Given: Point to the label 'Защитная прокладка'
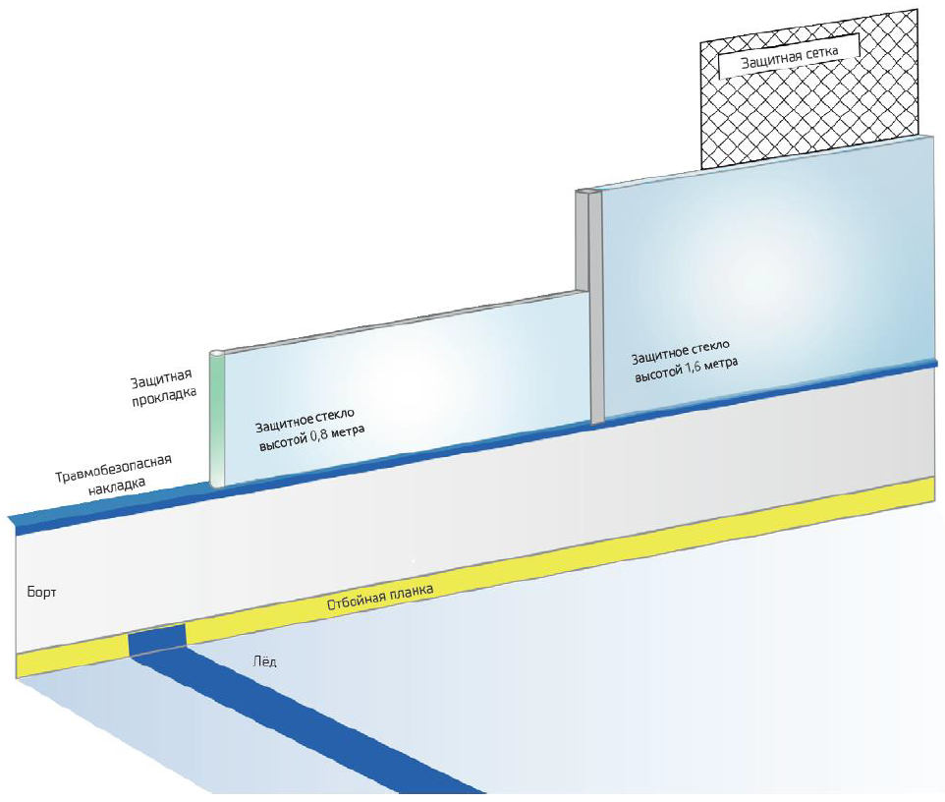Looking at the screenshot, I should tap(164, 387).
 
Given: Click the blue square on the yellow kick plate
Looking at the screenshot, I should tap(157, 640).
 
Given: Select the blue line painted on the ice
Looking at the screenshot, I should tap(324, 722).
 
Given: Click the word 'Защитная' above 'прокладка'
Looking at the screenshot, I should tap(163, 379).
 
